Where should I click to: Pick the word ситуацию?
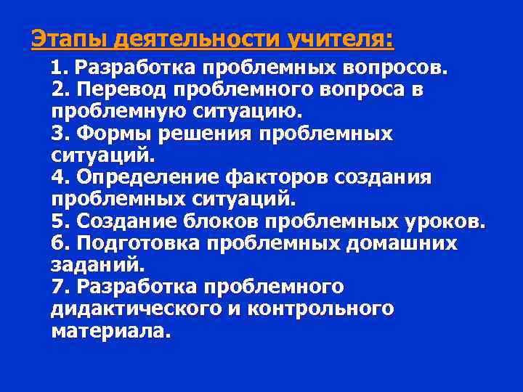(x=250, y=112)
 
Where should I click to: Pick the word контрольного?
(x=321, y=309)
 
